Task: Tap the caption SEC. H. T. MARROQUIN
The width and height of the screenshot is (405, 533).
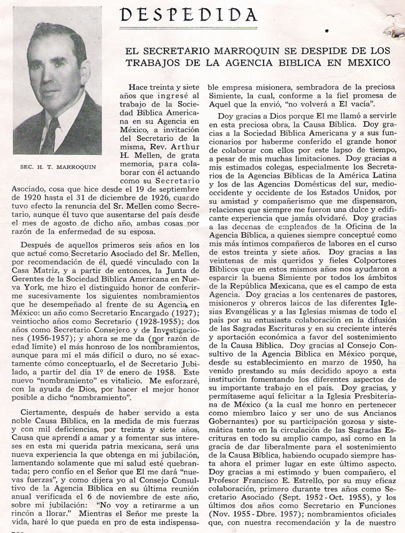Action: coord(57,167)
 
